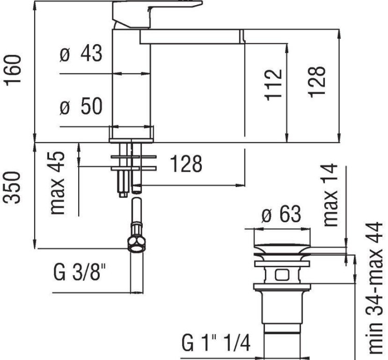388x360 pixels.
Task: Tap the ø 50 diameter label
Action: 81,107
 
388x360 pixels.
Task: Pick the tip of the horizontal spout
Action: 241,36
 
